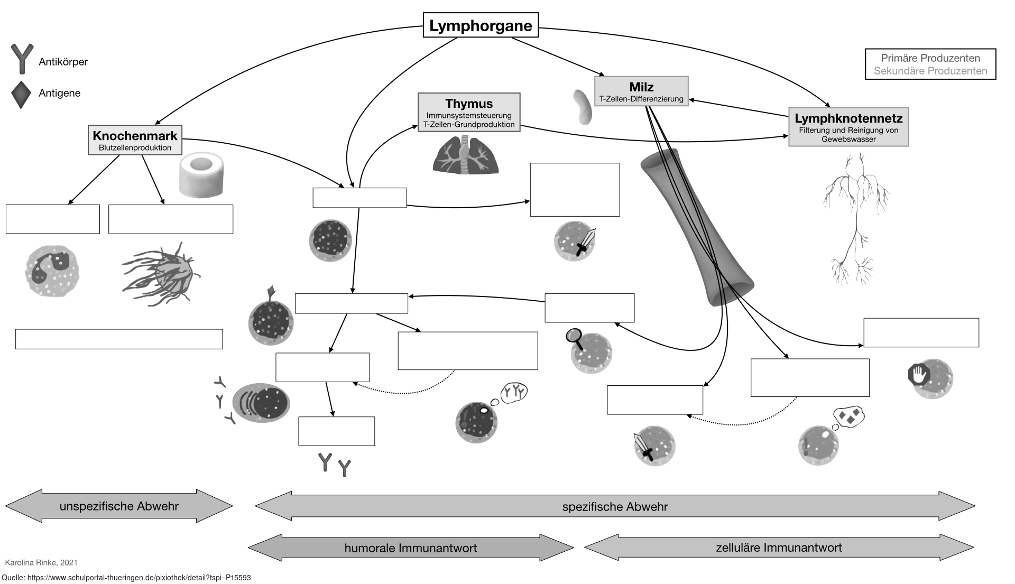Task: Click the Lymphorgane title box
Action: [x=481, y=25]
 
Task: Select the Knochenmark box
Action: [x=135, y=140]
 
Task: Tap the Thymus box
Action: [x=469, y=113]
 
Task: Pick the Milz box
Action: [x=641, y=91]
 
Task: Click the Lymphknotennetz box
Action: [x=848, y=127]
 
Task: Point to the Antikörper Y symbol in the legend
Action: [x=22, y=59]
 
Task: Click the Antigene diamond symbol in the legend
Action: [x=21, y=95]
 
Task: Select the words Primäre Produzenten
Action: [x=930, y=58]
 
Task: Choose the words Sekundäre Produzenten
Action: [x=930, y=71]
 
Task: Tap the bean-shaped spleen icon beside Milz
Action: [x=583, y=106]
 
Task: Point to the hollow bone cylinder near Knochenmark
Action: [x=202, y=175]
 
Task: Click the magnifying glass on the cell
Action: [x=574, y=337]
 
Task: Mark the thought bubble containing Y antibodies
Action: [x=513, y=392]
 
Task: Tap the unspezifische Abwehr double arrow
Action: [x=119, y=506]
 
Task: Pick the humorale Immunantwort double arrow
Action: [x=411, y=548]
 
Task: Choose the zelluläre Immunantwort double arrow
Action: [x=779, y=548]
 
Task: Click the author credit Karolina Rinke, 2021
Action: [x=41, y=562]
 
